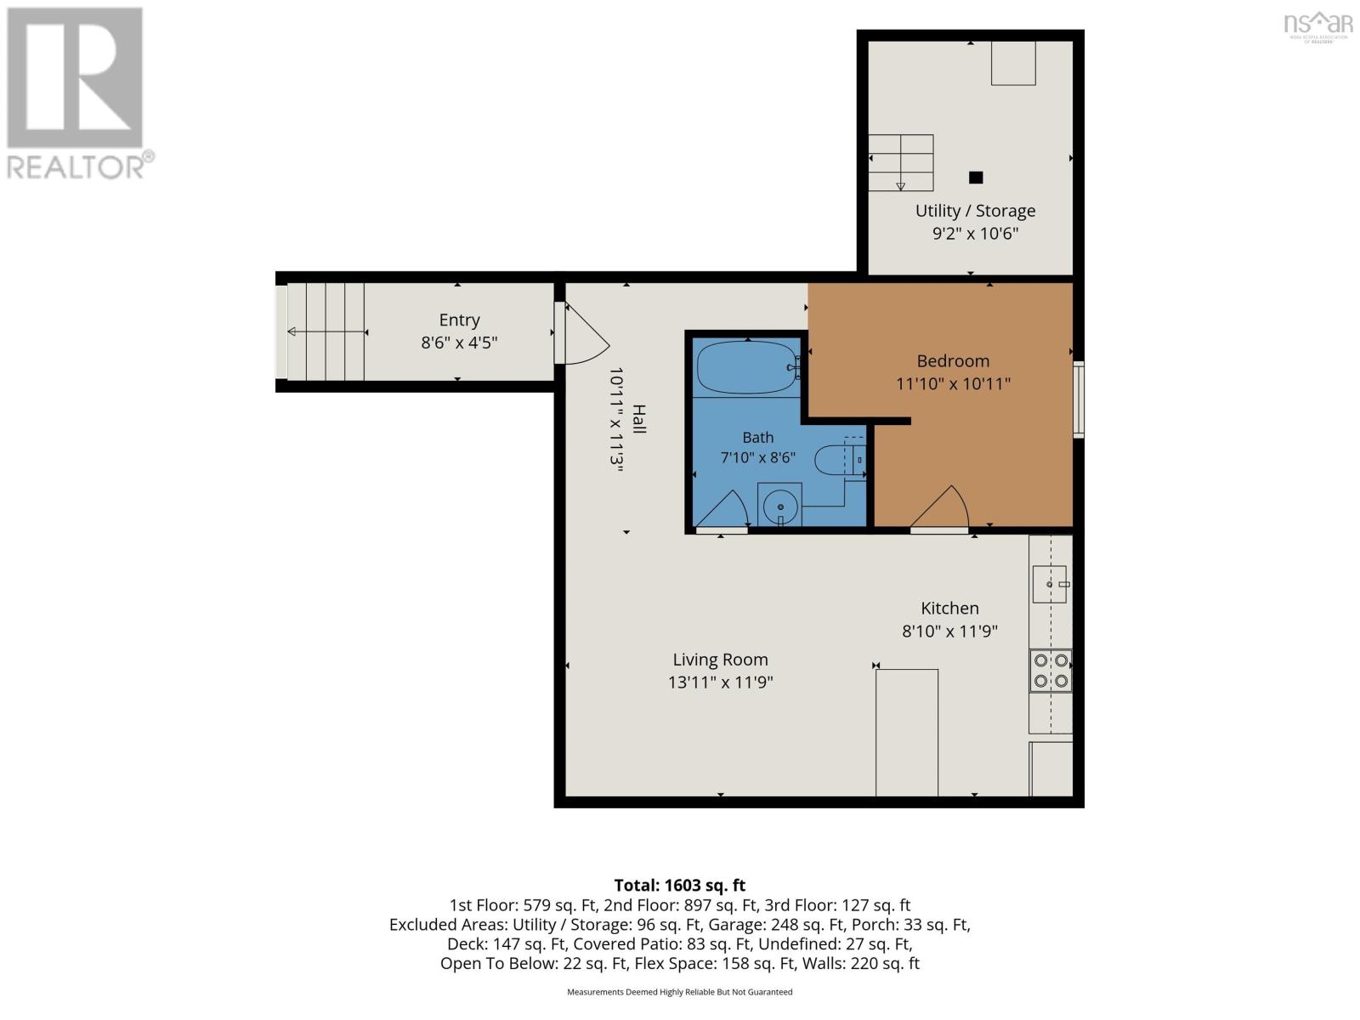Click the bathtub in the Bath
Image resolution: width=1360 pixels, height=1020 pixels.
coord(748,368)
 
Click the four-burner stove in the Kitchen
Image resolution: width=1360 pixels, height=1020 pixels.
coord(1051,671)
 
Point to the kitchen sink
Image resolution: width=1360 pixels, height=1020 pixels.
coord(1050,584)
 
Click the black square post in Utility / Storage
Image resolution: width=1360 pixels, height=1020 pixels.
coord(976,178)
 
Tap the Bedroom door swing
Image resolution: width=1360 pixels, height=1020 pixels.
coord(940,507)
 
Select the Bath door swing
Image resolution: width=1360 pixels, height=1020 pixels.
coord(722,510)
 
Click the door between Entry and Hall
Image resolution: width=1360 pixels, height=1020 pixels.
coord(581,333)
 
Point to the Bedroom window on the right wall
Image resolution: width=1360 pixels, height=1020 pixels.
coord(1079,399)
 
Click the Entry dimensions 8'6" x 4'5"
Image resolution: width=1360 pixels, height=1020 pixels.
coord(459,343)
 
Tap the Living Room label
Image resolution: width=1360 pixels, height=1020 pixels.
coord(720,660)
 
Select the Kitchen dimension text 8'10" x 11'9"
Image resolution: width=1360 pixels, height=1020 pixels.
coord(949,631)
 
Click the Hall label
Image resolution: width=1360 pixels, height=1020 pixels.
coord(639,419)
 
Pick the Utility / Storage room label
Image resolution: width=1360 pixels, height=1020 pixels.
coord(975,211)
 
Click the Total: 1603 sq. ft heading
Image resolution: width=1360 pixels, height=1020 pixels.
coord(680,886)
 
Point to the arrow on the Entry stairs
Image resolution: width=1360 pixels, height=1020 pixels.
coord(327,332)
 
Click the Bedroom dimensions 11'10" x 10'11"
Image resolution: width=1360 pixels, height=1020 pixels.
coord(953,384)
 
